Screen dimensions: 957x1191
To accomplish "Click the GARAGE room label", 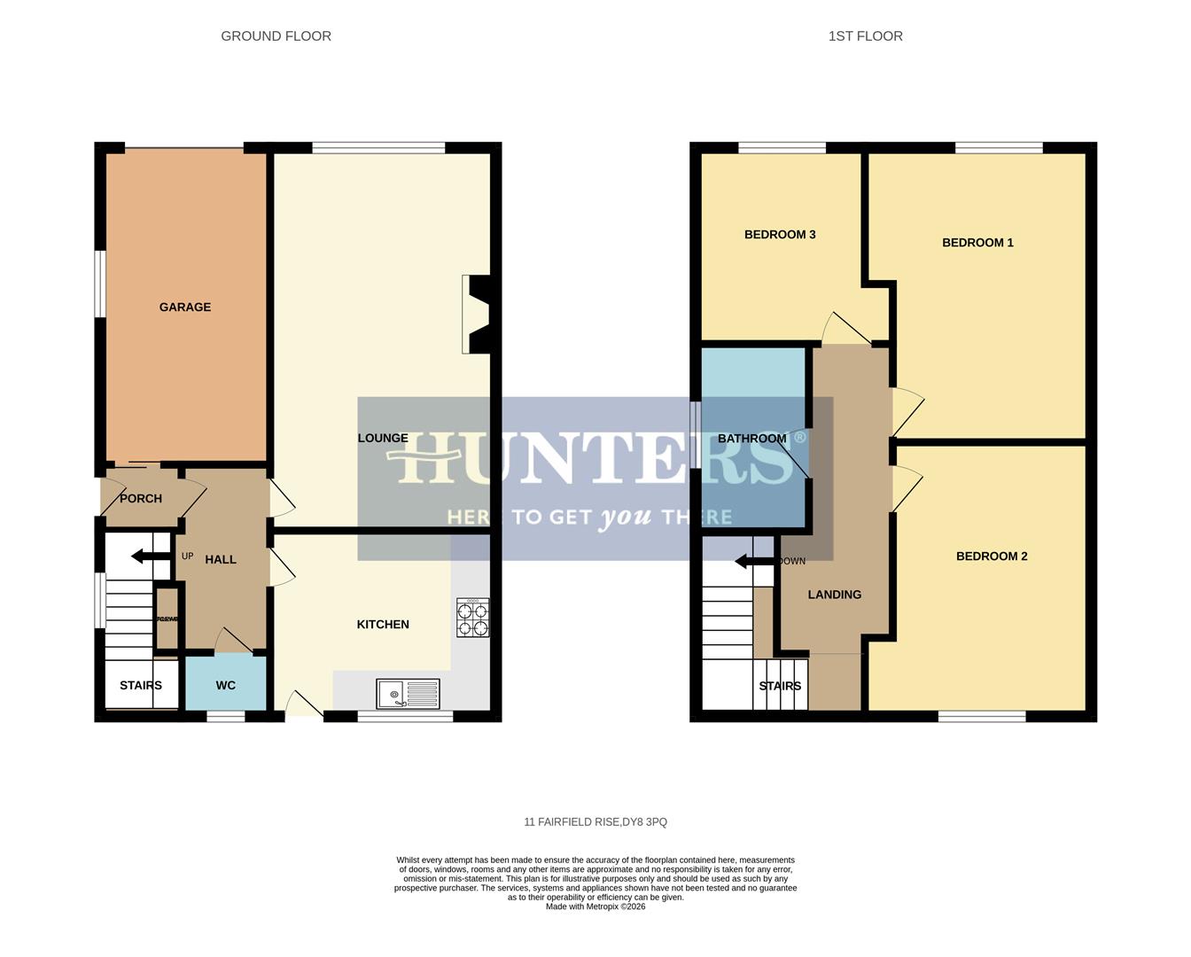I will tap(185, 307).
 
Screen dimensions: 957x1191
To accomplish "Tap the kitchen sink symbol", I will tap(408, 694).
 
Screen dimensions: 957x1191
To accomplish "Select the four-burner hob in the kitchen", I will tap(472, 619).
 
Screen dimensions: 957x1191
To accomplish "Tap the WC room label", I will tap(226, 685).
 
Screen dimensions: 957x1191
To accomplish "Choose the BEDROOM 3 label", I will tap(780, 235).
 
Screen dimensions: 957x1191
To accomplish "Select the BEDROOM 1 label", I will tap(977, 243).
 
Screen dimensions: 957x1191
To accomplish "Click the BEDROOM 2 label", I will tap(992, 556).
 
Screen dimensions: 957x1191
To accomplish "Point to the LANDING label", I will tap(834, 595).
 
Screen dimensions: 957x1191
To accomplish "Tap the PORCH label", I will tap(141, 499).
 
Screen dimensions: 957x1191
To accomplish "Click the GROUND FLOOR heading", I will tap(276, 36).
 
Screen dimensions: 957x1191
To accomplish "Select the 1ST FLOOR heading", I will tap(865, 36).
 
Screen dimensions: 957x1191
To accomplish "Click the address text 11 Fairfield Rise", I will tap(595, 822).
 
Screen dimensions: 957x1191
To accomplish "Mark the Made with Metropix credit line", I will tap(595, 906).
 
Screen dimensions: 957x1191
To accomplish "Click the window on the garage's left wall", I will tap(101, 284).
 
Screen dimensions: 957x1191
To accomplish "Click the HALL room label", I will tap(221, 560).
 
